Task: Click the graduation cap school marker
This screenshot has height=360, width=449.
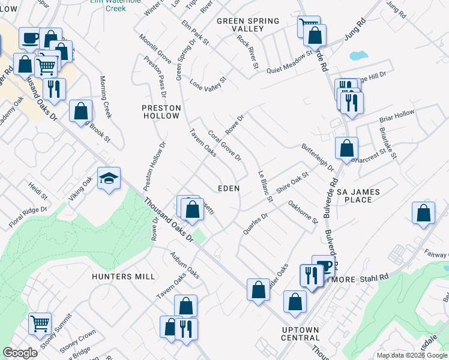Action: (109, 178)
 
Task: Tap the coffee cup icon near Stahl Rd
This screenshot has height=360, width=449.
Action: (324, 265)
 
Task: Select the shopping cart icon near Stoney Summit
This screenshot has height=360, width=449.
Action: (40, 323)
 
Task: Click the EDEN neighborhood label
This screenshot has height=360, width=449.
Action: (228, 188)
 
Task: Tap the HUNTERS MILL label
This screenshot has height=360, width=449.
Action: (124, 277)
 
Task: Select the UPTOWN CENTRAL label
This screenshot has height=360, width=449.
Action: (300, 334)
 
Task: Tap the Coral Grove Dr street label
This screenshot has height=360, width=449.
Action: (224, 146)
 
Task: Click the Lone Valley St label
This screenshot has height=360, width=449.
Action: (208, 84)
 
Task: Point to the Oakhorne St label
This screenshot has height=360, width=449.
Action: (303, 212)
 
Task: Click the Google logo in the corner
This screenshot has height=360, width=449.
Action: (20, 353)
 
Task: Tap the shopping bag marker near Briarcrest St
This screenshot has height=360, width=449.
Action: (346, 148)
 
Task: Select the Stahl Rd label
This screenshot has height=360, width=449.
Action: (375, 279)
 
